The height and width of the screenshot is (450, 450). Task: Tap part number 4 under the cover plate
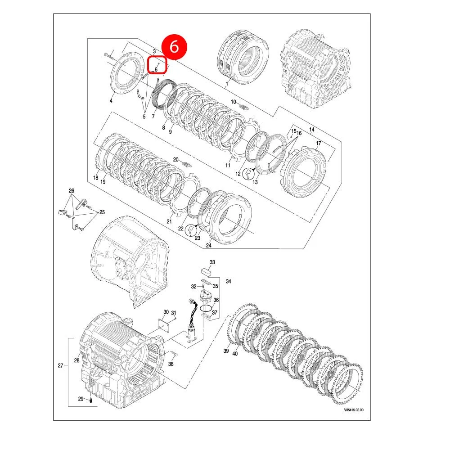click(112, 100)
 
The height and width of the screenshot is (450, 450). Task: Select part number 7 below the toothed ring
click(153, 117)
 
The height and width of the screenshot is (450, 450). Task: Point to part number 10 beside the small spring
click(234, 102)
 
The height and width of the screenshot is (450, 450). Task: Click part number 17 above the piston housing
click(318, 144)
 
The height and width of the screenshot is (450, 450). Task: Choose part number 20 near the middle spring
click(176, 160)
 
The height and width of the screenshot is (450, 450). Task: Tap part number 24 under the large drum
click(208, 245)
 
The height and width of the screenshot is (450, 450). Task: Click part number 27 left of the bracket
click(60, 365)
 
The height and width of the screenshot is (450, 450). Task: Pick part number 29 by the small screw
click(81, 399)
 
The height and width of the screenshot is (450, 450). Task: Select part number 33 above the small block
click(212, 262)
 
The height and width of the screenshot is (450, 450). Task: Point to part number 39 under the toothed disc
click(226, 351)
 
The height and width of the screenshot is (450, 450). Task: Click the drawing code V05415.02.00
click(353, 410)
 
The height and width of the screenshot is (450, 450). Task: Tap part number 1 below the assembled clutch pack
click(227, 84)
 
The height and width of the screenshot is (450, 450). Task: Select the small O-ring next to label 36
click(206, 309)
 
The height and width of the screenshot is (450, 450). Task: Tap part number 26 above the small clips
click(71, 191)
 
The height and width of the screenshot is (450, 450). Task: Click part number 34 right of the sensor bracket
click(228, 282)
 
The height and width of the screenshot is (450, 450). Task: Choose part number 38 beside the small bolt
click(171, 364)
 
